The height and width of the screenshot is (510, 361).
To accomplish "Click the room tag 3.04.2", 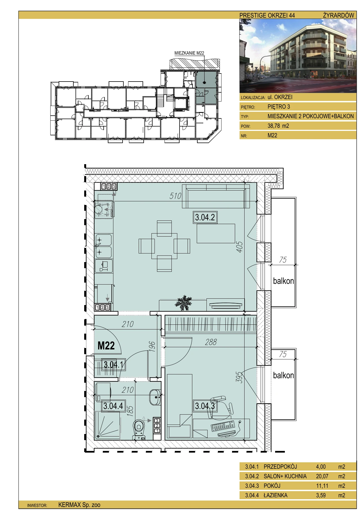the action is (x=205, y=217).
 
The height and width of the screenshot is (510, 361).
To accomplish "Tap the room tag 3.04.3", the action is (x=205, y=406).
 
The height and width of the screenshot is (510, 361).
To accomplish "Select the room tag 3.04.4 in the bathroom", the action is (x=113, y=406).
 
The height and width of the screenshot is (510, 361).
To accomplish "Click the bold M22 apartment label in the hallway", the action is (x=106, y=346).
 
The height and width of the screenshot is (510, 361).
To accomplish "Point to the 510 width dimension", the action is (x=175, y=196).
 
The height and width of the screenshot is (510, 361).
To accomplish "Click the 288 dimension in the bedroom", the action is (x=211, y=342).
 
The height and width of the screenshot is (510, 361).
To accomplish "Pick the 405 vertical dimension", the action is (x=240, y=247).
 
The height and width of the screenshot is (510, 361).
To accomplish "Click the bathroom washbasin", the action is (x=155, y=397).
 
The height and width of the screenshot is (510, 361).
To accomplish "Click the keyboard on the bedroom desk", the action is (x=223, y=426).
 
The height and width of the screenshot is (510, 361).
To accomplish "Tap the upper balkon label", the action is (x=283, y=281).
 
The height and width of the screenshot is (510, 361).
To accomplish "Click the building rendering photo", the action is (x=298, y=56).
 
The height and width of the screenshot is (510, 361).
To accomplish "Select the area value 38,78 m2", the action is (x=278, y=126).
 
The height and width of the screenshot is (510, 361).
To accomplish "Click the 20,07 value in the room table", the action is (x=322, y=476).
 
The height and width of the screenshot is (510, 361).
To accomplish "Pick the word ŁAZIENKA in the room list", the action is (x=275, y=495).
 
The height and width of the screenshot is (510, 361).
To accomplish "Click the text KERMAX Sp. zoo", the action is (x=79, y=505).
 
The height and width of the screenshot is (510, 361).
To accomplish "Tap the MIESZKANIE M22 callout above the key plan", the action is (x=189, y=53).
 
